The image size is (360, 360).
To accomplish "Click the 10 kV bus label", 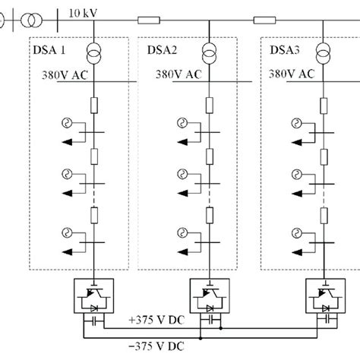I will click(62, 13).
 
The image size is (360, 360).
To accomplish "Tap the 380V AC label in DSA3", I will click(291, 74).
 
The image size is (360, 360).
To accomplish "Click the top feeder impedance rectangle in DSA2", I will click(209, 103).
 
